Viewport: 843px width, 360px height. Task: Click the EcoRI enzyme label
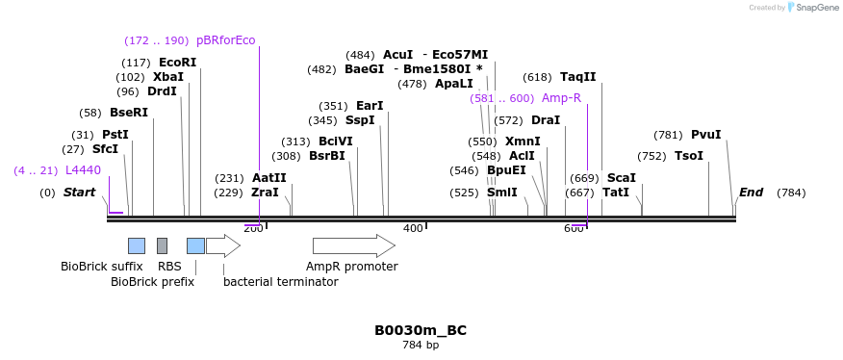[x=177, y=63]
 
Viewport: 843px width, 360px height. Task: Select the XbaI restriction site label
[x=167, y=77]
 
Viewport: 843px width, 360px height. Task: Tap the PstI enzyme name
[x=115, y=135]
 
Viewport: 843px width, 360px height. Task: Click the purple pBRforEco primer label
[x=225, y=40]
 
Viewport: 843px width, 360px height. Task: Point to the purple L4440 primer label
[x=83, y=170]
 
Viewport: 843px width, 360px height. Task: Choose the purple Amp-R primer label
[x=561, y=98]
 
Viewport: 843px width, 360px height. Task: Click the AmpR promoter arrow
[x=353, y=245]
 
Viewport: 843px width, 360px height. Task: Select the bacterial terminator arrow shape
[x=222, y=245]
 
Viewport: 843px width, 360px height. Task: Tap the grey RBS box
[x=162, y=245]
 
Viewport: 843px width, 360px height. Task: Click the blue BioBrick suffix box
[x=137, y=245]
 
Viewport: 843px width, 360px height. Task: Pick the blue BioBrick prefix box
[x=195, y=245]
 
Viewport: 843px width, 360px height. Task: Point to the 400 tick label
[x=413, y=228]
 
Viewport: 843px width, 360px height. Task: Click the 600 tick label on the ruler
[x=574, y=228]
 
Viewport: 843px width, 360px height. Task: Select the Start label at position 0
[x=79, y=193]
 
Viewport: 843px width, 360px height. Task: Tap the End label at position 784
[x=751, y=193]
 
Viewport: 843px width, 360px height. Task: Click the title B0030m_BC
[x=421, y=330]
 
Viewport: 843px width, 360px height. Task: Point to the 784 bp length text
[x=421, y=345]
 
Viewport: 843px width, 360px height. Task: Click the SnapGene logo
[x=811, y=8]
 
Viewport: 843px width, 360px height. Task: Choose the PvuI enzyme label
[x=705, y=135]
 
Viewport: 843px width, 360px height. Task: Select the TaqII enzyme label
[x=577, y=77]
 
